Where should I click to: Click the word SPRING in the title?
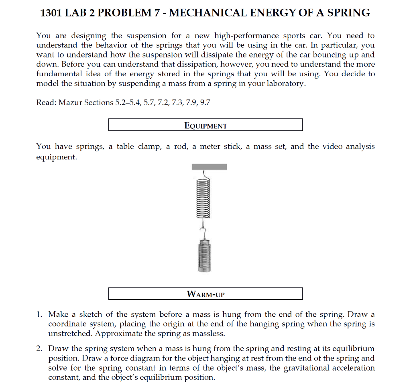coord(348,13)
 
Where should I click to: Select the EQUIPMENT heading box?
coord(205,125)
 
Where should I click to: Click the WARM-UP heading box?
coord(205,294)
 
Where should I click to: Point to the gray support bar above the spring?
coord(209,167)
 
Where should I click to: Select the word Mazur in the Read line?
coord(70,103)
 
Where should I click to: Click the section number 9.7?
coord(205,103)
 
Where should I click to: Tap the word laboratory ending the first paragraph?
coord(286,84)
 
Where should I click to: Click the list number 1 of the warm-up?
coord(40,314)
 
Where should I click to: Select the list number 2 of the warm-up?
coord(40,349)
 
